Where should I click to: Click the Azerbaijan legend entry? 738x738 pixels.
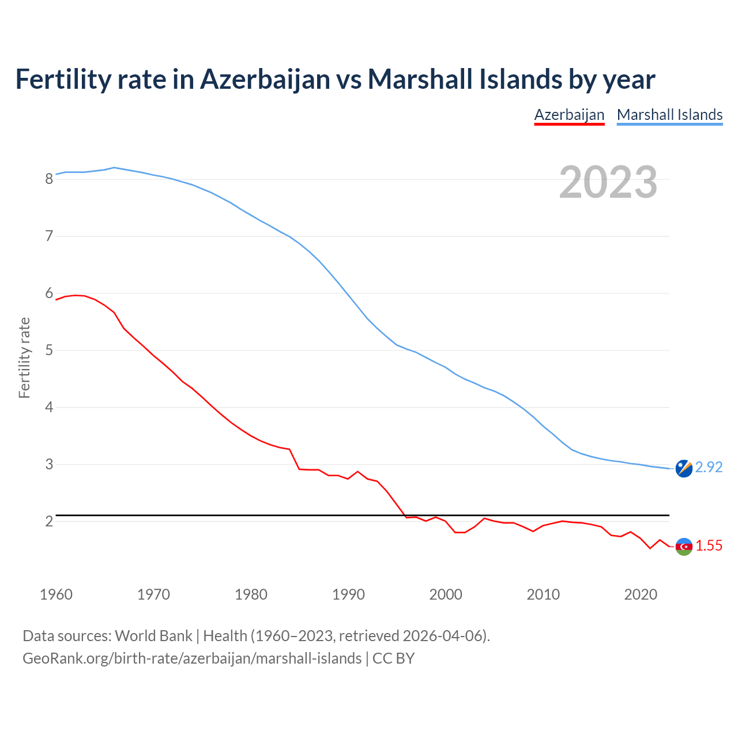pyautogui.click(x=569, y=115)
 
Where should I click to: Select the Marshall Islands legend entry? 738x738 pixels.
pyautogui.click(x=669, y=115)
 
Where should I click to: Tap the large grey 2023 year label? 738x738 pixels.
pyautogui.click(x=608, y=182)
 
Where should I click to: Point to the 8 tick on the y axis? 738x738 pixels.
pyautogui.click(x=49, y=179)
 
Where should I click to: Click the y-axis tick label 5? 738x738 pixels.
pyautogui.click(x=49, y=351)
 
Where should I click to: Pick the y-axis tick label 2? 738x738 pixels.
pyautogui.click(x=49, y=522)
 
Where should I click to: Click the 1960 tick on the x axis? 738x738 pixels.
pyautogui.click(x=56, y=594)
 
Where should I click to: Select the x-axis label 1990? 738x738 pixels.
pyautogui.click(x=348, y=594)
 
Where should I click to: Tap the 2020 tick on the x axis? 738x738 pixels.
pyautogui.click(x=641, y=594)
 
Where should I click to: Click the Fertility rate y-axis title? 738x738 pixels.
pyautogui.click(x=24, y=357)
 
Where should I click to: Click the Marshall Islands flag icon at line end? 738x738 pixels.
pyautogui.click(x=684, y=469)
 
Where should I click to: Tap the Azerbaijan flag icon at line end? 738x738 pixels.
pyautogui.click(x=684, y=546)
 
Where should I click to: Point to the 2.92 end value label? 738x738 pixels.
pyautogui.click(x=709, y=468)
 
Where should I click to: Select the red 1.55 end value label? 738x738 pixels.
pyautogui.click(x=709, y=546)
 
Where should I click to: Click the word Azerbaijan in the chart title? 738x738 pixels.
pyautogui.click(x=265, y=79)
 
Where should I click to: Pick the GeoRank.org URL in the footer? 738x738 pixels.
pyautogui.click(x=192, y=658)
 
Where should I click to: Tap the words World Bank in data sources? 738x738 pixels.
pyautogui.click(x=153, y=636)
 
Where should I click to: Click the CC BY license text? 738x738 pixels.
pyautogui.click(x=393, y=658)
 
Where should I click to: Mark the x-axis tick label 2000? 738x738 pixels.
pyautogui.click(x=446, y=594)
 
